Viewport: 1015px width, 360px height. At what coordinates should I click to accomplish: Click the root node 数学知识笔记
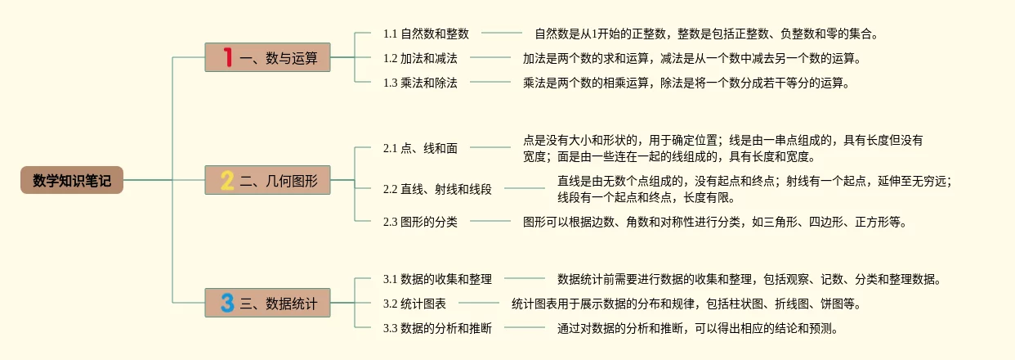pos(72,180)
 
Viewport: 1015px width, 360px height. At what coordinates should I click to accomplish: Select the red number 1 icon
pos(227,57)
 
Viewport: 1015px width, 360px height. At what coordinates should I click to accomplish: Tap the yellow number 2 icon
pos(227,180)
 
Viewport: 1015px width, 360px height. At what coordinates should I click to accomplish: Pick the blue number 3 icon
pos(227,303)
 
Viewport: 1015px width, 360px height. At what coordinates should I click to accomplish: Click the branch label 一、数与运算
pos(279,58)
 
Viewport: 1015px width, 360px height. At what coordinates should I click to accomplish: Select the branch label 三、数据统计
pos(279,304)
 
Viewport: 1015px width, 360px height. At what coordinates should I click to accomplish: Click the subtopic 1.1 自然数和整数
pos(426,34)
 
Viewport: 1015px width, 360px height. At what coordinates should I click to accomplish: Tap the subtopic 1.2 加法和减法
pos(420,58)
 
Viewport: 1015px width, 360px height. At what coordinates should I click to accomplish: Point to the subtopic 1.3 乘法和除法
pos(420,83)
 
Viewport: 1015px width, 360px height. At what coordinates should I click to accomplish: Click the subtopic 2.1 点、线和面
pos(420,148)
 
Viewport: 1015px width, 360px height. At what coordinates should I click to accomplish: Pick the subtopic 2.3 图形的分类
pos(420,222)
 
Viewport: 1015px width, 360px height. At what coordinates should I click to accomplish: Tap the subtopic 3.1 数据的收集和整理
pos(437,279)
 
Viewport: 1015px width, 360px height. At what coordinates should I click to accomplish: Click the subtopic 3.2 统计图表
pos(414,304)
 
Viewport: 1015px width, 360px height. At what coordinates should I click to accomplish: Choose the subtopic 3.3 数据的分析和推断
pos(437,328)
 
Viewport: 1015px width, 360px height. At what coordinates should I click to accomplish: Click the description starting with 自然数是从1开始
pos(706,34)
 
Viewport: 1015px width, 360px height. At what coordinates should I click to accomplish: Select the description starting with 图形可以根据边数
pos(714,222)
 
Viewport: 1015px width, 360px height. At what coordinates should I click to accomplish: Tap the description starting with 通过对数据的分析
pos(697,328)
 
